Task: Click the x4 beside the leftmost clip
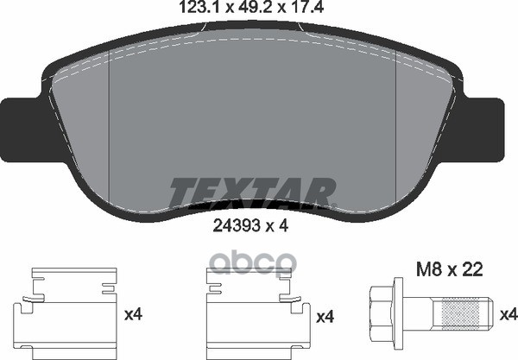click(133, 317)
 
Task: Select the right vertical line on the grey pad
click(395, 121)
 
